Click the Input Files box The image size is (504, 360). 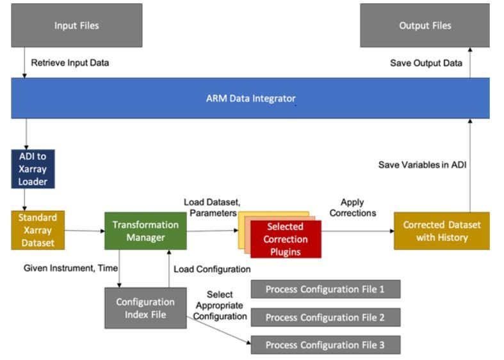pyautogui.click(x=77, y=26)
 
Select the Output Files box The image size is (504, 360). pyautogui.click(x=425, y=26)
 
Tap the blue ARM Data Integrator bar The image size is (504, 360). pyautogui.click(x=250, y=98)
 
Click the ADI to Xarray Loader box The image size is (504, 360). pyautogui.click(x=33, y=168)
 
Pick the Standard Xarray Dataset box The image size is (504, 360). pyautogui.click(x=38, y=230)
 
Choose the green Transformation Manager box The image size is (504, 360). pyautogui.click(x=145, y=231)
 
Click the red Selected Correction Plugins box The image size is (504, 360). pyautogui.click(x=286, y=239)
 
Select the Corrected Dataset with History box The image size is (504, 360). pyautogui.click(x=442, y=231)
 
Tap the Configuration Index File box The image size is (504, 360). pyautogui.click(x=145, y=308)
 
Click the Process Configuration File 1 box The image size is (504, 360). pyautogui.click(x=325, y=290)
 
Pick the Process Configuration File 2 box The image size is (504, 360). pyautogui.click(x=325, y=317)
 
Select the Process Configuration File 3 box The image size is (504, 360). pyautogui.click(x=325, y=345)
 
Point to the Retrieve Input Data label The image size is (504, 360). pyautogui.click(x=70, y=63)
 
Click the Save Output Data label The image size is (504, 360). pyautogui.click(x=426, y=63)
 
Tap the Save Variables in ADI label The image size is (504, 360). pyautogui.click(x=422, y=165)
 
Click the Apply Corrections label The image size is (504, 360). pyautogui.click(x=353, y=208)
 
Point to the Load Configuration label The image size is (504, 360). pyautogui.click(x=212, y=269)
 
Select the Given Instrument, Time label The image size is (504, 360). pyautogui.click(x=70, y=268)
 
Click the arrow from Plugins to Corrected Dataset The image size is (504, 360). pyautogui.click(x=358, y=231)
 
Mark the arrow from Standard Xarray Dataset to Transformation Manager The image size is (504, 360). pyautogui.click(x=85, y=231)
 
